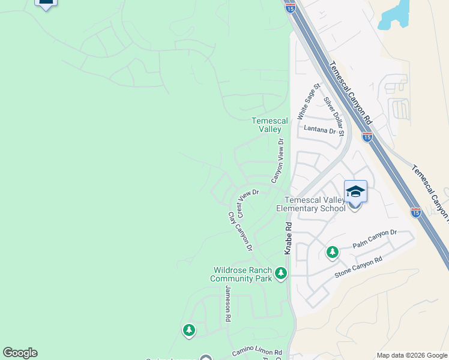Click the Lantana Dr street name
[319, 130]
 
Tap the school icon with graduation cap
[355, 192]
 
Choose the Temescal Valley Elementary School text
[310, 204]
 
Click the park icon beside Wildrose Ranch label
[281, 274]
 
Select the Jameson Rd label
[228, 304]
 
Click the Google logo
[20, 353]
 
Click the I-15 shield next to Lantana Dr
[367, 137]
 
